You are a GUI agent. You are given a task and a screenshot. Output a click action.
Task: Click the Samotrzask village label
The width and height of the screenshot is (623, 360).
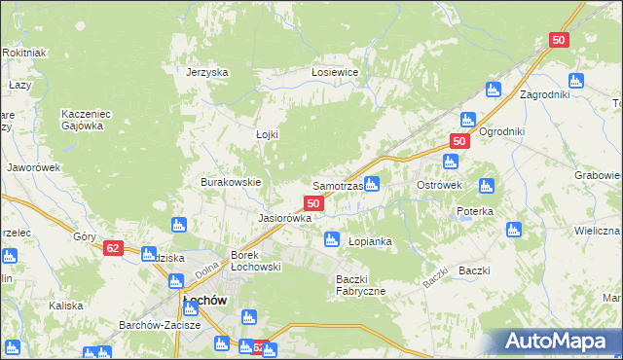[337, 185]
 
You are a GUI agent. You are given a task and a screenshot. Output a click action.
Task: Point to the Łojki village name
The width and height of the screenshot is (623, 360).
[267, 134]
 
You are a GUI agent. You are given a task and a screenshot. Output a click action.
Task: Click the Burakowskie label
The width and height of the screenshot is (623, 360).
[231, 182]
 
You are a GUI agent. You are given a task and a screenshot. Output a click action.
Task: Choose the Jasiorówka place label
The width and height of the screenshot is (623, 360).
[284, 218]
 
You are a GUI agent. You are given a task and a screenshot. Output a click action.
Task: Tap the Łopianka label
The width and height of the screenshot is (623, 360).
[370, 240]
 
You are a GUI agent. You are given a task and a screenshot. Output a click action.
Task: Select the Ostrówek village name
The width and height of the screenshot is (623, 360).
[438, 185]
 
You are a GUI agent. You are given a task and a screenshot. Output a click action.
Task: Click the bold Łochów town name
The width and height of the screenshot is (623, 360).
[204, 301]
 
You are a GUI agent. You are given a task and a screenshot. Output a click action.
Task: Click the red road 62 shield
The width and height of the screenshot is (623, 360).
[113, 248]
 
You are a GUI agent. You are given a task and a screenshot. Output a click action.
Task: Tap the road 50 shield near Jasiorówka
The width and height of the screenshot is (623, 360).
[313, 203]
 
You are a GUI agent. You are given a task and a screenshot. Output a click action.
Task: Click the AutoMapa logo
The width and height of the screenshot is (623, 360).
[559, 342]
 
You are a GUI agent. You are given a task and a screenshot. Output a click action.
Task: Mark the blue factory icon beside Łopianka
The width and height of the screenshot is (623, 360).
[332, 238]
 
